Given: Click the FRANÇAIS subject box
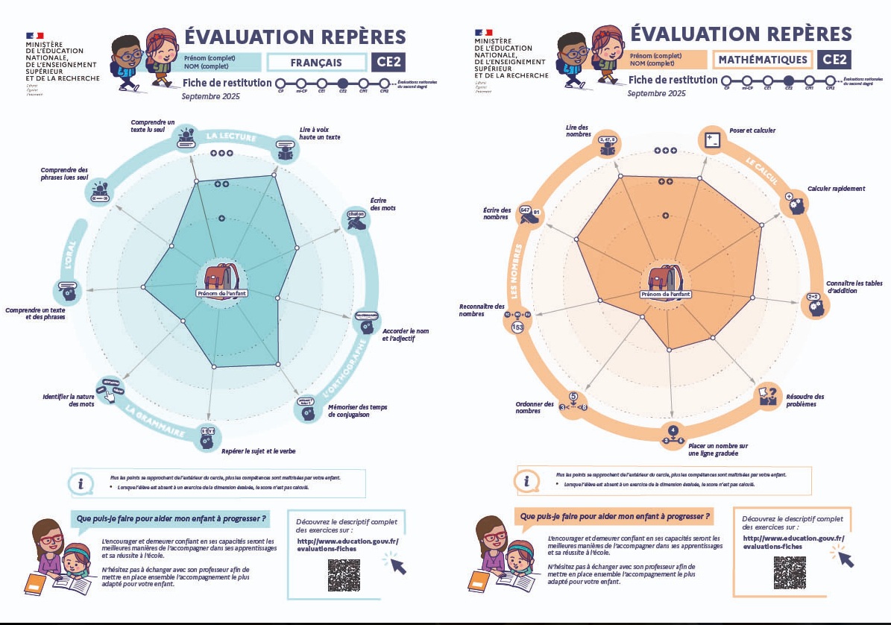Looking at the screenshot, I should [317, 63].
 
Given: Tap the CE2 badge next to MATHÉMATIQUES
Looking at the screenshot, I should [834, 60].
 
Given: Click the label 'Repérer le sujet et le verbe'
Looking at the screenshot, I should [259, 450].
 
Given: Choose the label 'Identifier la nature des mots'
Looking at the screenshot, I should [69, 401].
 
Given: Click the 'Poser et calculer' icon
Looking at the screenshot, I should [711, 139].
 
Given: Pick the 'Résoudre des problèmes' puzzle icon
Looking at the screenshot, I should [769, 395].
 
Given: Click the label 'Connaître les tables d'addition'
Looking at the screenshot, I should [854, 287].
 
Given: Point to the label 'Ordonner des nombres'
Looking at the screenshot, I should [535, 407].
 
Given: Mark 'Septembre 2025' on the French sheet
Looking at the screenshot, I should [211, 96].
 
